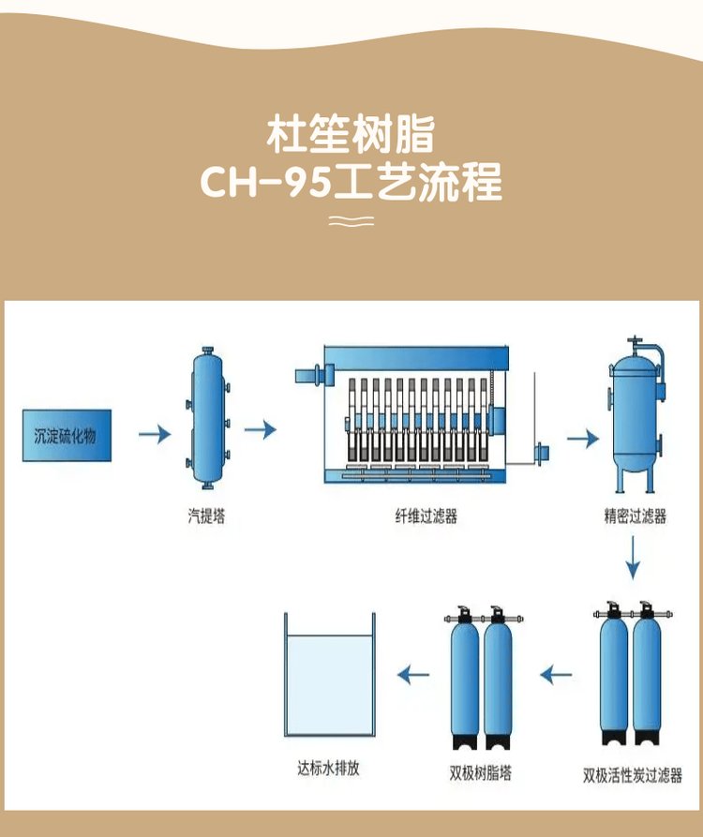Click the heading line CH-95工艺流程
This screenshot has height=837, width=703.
(x=351, y=183)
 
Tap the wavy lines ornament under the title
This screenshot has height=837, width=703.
(x=351, y=221)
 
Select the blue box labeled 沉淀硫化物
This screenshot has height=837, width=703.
(x=67, y=434)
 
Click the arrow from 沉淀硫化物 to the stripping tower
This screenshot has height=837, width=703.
(x=154, y=434)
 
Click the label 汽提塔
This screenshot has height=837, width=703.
(x=206, y=516)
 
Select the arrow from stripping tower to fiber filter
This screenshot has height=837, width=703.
(x=261, y=430)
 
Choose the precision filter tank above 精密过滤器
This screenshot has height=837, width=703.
(x=635, y=417)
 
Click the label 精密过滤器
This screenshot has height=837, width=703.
(x=635, y=516)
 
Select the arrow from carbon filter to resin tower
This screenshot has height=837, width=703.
(x=557, y=673)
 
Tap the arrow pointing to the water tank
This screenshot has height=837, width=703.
(x=413, y=673)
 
